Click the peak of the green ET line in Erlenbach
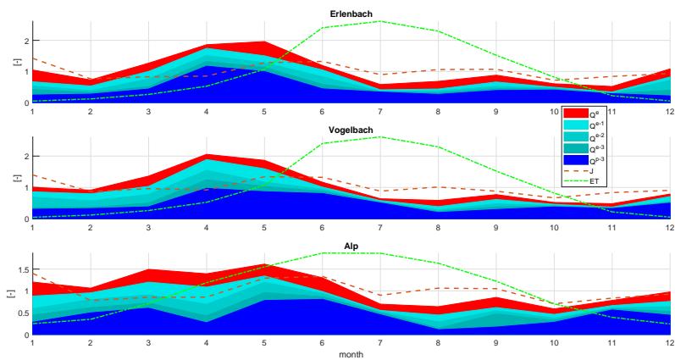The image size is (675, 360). point(379,20)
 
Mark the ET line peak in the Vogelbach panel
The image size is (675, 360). point(379,136)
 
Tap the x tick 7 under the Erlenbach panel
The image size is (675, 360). point(379,111)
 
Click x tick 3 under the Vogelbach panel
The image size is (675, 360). point(147,227)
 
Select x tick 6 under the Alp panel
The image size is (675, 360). point(322,344)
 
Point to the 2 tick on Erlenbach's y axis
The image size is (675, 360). point(25,41)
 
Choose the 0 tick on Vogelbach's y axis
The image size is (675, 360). point(25,219)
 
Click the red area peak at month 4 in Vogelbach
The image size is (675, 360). point(206,154)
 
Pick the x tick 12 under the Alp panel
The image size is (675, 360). point(669,344)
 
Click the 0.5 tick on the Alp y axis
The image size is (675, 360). point(23,313)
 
